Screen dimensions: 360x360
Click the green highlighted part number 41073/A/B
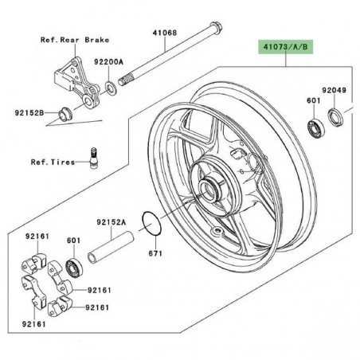pyautogui.click(x=284, y=47)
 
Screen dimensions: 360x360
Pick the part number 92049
pyautogui.click(x=335, y=92)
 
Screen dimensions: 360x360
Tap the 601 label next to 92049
pyautogui.click(x=311, y=101)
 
